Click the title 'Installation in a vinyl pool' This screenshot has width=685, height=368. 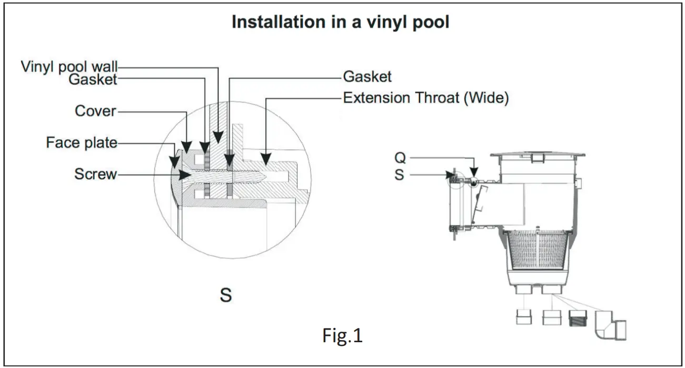click(341, 23)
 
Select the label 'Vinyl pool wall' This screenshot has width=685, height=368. click(69, 67)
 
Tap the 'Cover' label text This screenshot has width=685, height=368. click(95, 111)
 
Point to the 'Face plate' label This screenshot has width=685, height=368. click(82, 143)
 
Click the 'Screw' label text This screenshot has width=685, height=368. click(95, 174)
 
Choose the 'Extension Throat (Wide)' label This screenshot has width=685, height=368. click(425, 98)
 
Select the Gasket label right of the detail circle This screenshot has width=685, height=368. click(367, 77)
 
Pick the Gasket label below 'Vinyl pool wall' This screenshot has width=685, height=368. click(93, 79)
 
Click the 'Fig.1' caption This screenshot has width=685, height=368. click(342, 336)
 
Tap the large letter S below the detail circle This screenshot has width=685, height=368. click(225, 295)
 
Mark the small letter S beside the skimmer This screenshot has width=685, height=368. click(399, 174)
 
